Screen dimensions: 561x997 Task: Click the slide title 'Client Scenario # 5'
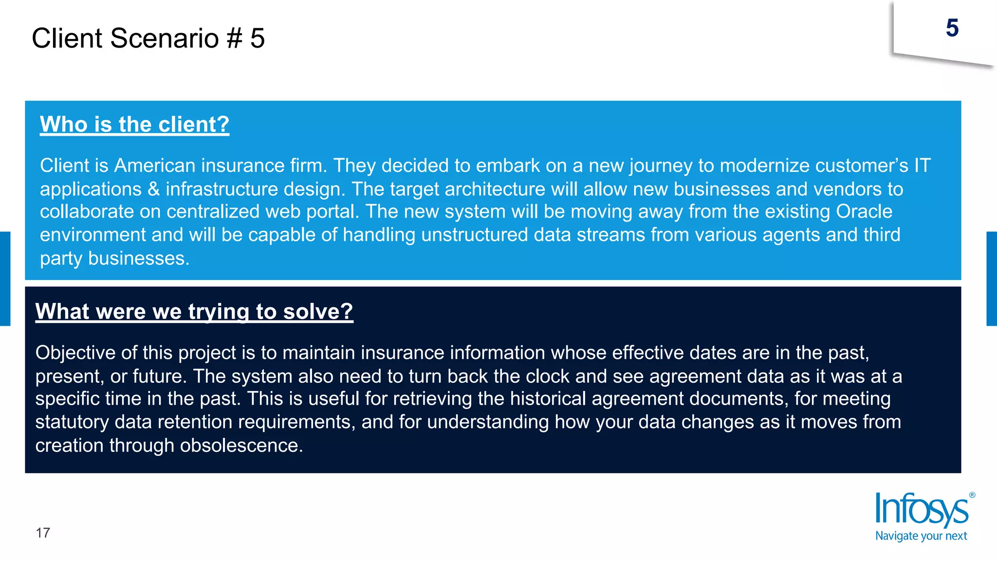[148, 38]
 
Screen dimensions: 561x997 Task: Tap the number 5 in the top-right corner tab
[952, 28]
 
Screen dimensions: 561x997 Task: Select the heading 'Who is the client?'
[134, 124]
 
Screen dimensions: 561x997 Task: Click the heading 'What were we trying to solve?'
[194, 311]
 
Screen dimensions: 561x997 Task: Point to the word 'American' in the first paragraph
[154, 166]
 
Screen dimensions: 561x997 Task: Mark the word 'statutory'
[72, 422]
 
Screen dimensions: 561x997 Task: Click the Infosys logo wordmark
[921, 510]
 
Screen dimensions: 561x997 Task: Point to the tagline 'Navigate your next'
[921, 536]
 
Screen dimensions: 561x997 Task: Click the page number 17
[43, 533]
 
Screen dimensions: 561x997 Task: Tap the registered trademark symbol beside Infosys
[972, 495]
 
